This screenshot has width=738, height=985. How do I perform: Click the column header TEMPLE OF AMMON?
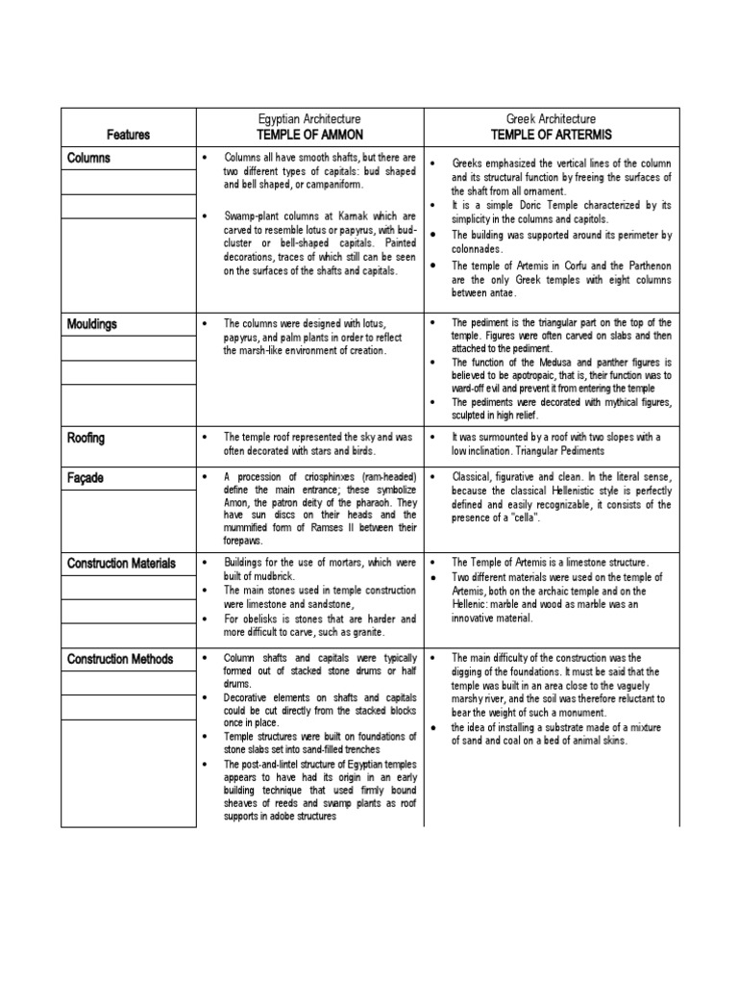[311, 135]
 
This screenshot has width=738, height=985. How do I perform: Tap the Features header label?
[128, 136]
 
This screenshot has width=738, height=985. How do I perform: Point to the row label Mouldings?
[92, 324]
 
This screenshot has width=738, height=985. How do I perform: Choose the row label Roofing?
[86, 438]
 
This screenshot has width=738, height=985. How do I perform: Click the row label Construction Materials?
[122, 564]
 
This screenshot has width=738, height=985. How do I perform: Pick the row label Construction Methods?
[120, 659]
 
